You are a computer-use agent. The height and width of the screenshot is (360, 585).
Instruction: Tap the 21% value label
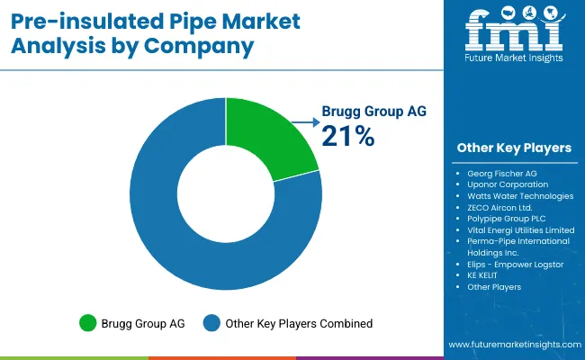(347, 136)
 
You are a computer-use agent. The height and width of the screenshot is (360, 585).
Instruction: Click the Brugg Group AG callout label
(373, 112)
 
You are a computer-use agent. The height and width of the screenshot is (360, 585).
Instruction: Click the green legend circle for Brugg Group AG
(86, 322)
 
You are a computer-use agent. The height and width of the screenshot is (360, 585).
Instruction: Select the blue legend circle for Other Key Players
(212, 322)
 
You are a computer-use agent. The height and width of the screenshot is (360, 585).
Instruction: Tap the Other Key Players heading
(514, 148)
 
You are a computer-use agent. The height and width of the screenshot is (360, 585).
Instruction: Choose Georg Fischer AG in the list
(501, 173)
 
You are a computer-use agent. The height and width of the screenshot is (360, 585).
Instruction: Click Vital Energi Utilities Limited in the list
(521, 229)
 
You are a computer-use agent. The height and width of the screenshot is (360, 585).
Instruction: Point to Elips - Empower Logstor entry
(516, 264)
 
